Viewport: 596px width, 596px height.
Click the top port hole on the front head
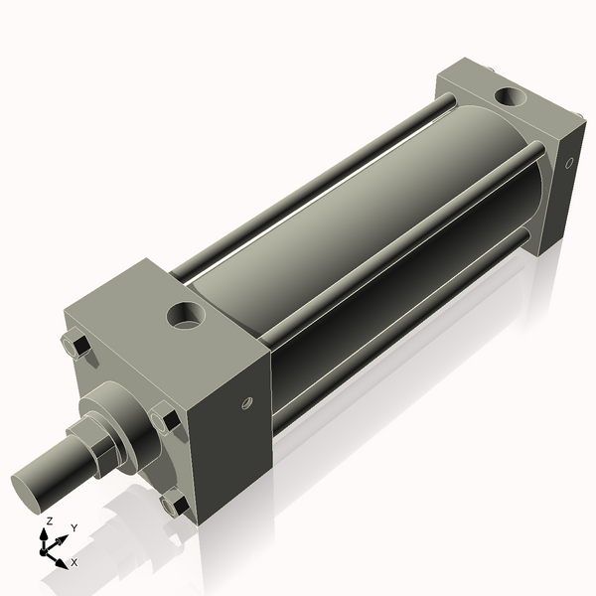pos(187,317)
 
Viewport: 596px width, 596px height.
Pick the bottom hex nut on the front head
pos(175,503)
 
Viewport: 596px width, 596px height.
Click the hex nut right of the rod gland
pos(165,419)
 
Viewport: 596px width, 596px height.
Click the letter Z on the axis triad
pos(49,521)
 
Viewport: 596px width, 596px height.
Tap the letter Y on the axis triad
pos(74,527)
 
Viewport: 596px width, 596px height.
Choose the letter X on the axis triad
pos(74,562)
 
